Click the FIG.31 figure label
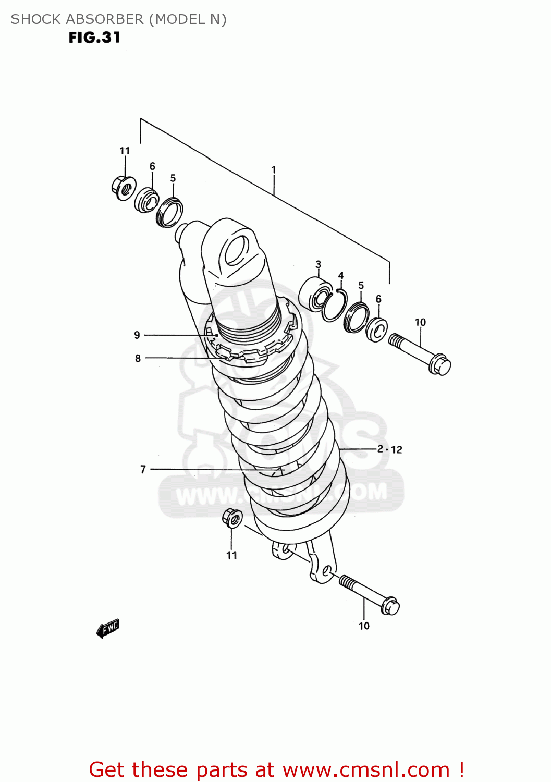(94, 38)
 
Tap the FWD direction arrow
(108, 629)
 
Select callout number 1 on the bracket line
(274, 170)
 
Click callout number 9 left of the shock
(137, 335)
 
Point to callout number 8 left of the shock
(138, 358)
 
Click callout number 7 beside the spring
(143, 469)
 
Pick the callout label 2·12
(390, 449)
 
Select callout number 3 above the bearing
(319, 264)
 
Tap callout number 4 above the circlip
(341, 276)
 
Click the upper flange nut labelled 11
(124, 188)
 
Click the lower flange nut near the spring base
(232, 518)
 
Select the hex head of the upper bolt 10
(440, 364)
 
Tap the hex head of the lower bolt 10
(390, 606)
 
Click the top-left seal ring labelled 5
(170, 212)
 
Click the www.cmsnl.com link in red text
(366, 769)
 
